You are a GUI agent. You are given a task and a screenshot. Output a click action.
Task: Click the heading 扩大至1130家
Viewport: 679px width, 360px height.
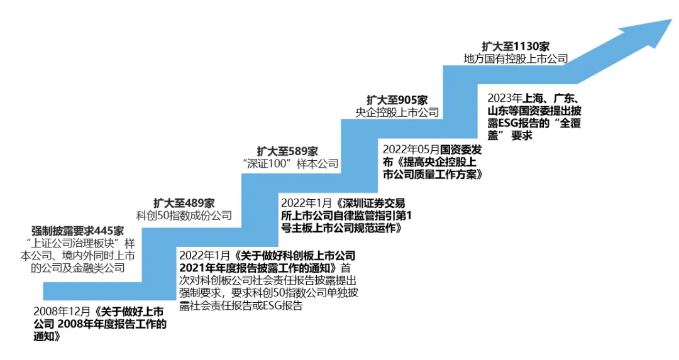pos(516,46)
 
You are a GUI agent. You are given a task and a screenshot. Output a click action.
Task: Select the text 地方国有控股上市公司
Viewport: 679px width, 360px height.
pos(516,59)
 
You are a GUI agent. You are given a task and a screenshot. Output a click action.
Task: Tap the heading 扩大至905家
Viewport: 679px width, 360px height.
pos(397,100)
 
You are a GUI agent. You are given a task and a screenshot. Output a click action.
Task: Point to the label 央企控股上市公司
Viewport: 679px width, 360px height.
pos(397,112)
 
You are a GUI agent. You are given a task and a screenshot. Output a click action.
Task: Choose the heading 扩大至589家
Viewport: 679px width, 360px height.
pos(287,151)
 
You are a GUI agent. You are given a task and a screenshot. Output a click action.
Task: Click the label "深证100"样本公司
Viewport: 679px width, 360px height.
pos(290,163)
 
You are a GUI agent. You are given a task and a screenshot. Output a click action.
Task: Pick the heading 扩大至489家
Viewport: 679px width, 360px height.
pos(184,203)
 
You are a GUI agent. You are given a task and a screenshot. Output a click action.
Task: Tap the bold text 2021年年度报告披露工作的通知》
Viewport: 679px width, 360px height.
pos(260,268)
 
